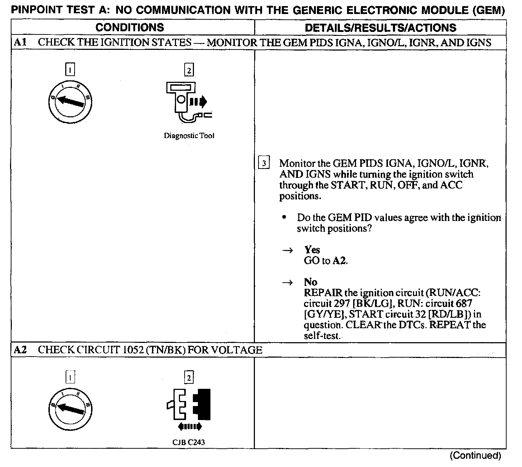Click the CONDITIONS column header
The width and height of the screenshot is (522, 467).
click(x=130, y=27)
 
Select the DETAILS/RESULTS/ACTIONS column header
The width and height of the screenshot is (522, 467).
click(x=380, y=28)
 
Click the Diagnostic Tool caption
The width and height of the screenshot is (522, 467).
click(x=189, y=136)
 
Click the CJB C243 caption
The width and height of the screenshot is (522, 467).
click(x=189, y=442)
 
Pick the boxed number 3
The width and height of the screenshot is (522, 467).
click(x=264, y=164)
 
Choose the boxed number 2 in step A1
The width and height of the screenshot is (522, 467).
click(x=189, y=70)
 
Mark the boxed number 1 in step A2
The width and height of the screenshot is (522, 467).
click(x=71, y=377)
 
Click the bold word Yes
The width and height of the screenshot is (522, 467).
click(x=312, y=250)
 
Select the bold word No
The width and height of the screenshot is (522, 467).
click(x=310, y=282)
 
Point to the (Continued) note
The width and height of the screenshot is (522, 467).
click(x=475, y=456)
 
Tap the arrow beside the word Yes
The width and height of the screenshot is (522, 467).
click(x=288, y=250)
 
